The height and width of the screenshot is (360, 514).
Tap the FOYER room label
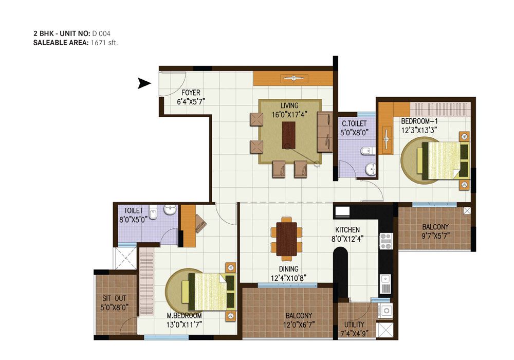(x=191, y=93)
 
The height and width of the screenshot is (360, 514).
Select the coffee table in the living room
(x=288, y=135)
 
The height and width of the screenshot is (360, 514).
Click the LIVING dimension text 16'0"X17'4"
(x=289, y=115)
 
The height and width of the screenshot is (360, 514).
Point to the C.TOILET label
(x=354, y=123)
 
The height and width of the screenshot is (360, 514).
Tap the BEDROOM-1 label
(x=419, y=121)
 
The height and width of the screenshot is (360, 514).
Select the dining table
(x=286, y=239)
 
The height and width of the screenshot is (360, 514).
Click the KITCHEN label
(x=347, y=230)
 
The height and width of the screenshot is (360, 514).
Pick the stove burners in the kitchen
(x=386, y=241)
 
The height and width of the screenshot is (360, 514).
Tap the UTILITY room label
(x=354, y=325)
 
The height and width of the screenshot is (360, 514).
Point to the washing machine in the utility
(x=385, y=311)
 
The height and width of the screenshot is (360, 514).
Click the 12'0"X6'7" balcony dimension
(x=299, y=325)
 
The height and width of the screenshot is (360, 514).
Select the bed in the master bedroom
(x=208, y=292)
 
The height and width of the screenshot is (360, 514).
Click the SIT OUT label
(x=114, y=298)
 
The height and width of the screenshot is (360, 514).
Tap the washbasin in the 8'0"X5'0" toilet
(x=170, y=210)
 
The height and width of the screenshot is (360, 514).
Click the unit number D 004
(x=101, y=33)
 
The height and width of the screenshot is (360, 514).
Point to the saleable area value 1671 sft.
(x=104, y=43)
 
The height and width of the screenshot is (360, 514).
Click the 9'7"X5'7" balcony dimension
(x=435, y=236)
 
